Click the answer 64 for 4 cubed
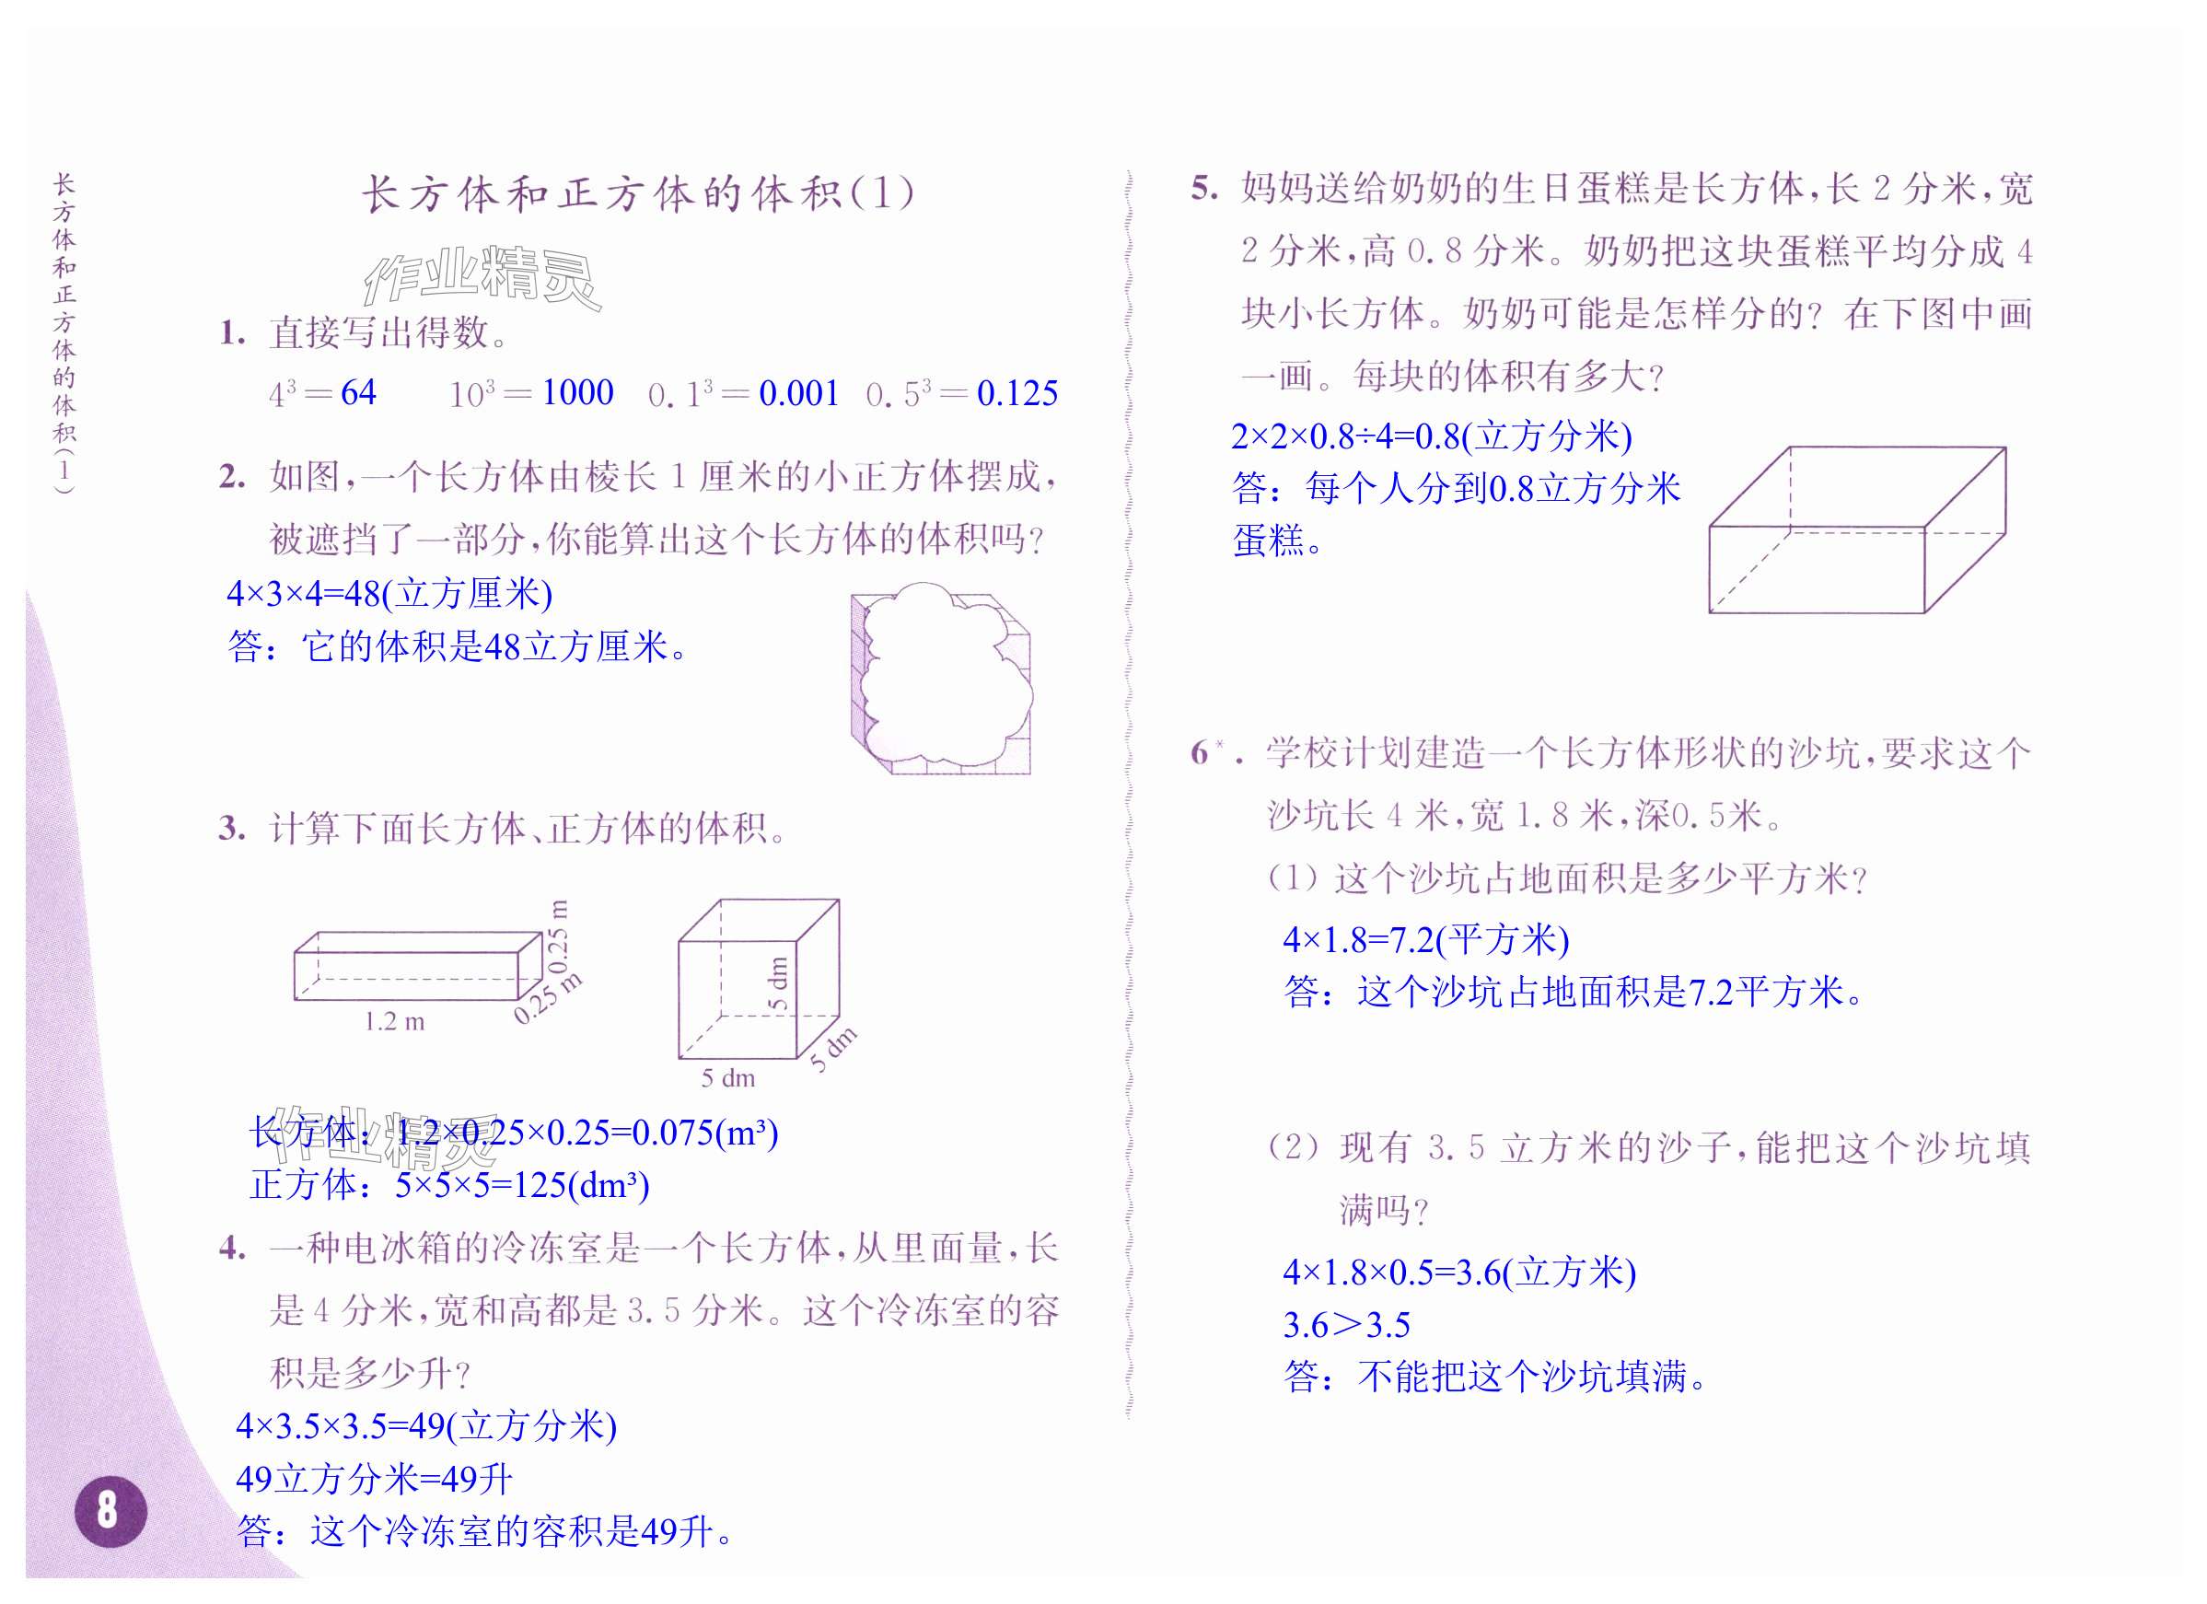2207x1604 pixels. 358,392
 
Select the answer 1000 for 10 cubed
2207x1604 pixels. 577,392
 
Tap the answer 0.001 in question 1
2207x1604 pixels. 798,393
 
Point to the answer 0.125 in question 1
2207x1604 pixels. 1016,393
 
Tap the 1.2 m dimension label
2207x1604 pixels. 394,1021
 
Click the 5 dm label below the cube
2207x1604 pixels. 728,1077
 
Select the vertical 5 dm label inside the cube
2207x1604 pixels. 779,983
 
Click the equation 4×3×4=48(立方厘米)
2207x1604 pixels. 389,594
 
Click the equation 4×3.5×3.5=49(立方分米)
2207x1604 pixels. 426,1426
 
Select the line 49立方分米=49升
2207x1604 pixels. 374,1479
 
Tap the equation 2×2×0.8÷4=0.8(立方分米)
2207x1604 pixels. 1431,436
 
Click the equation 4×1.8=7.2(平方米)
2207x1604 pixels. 1425,939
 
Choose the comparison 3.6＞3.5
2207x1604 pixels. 1346,1325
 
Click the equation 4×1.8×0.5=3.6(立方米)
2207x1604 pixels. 1458,1273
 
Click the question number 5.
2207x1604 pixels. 1203,188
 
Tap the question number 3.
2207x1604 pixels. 232,829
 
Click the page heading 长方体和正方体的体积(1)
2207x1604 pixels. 637,192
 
